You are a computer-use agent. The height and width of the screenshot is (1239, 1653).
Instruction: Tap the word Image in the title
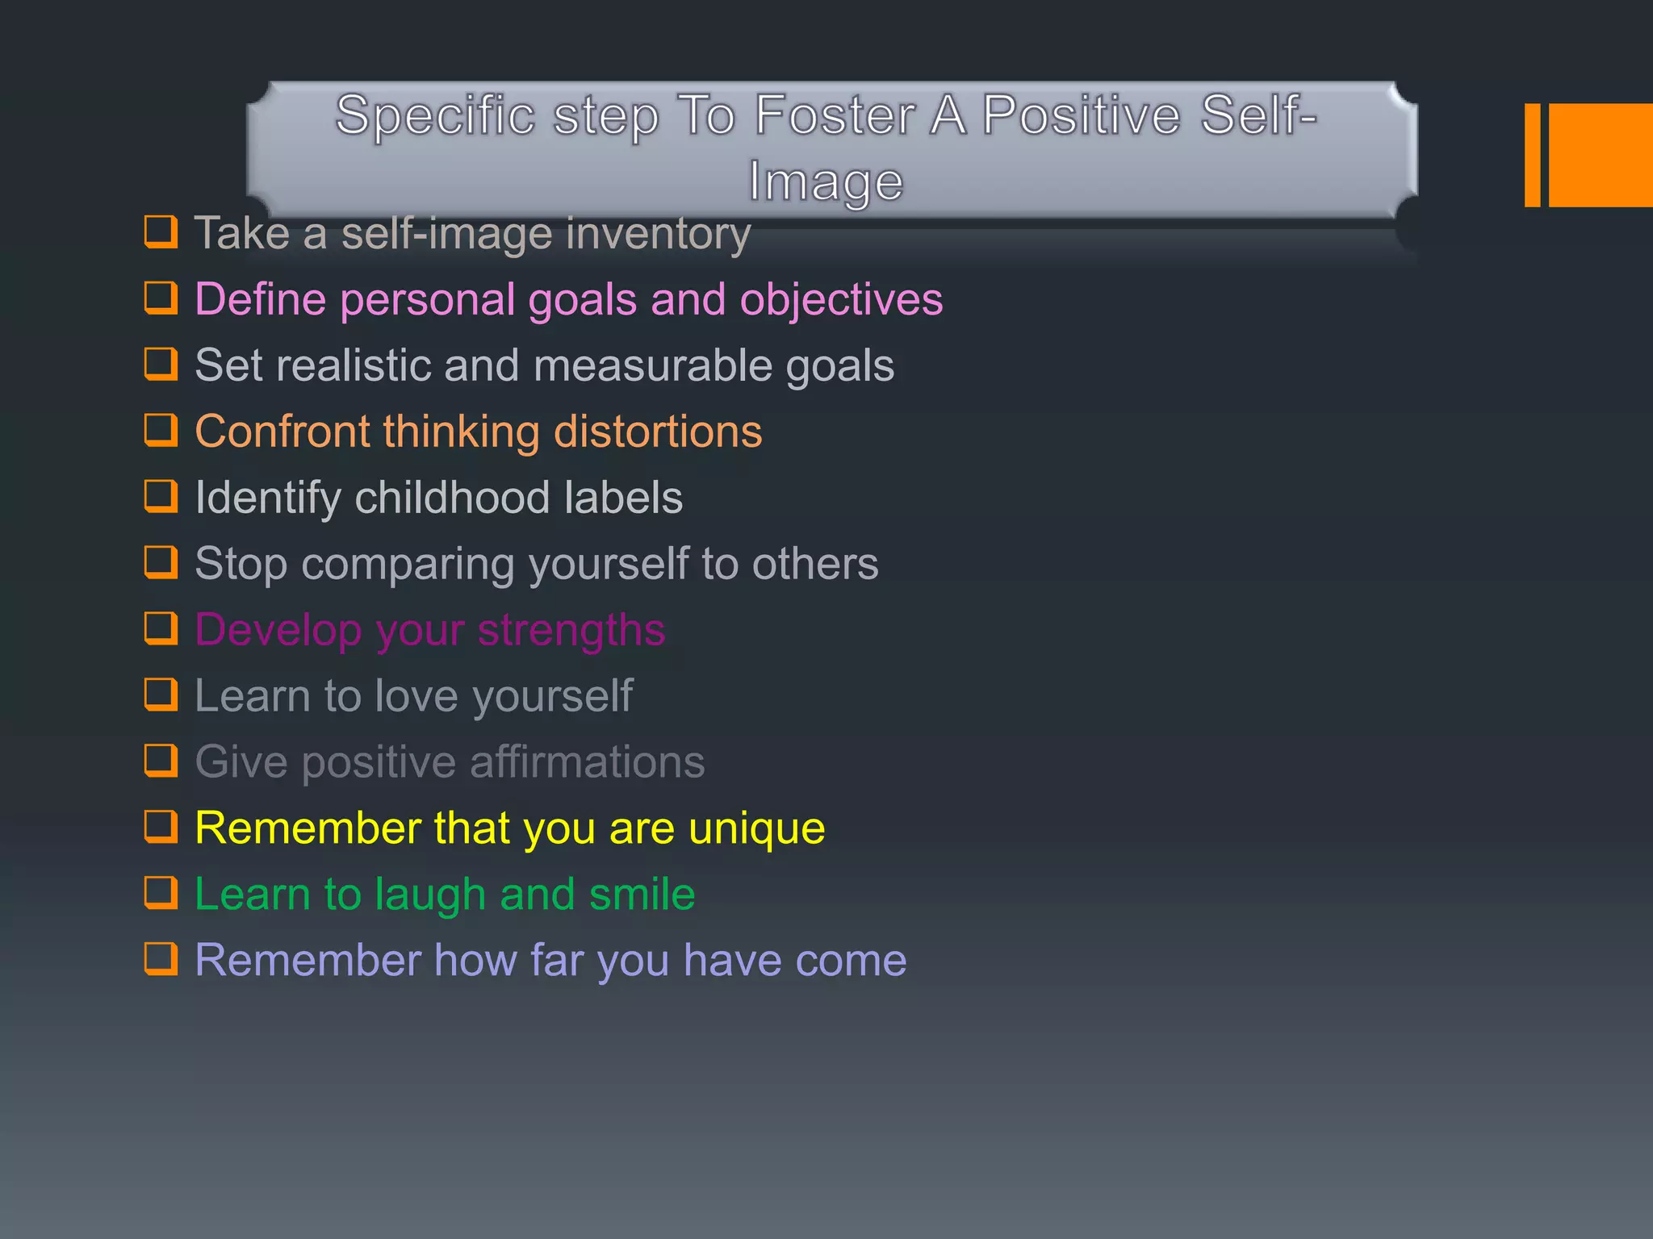click(826, 181)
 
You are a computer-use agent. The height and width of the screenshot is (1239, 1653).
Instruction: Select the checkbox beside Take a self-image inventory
click(161, 232)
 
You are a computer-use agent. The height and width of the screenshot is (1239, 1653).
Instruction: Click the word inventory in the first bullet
click(658, 234)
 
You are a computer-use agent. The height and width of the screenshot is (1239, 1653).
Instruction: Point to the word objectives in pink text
click(841, 300)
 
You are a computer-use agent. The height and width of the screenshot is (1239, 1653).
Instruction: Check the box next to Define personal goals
click(161, 298)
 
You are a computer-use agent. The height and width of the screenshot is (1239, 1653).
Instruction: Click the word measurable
click(652, 365)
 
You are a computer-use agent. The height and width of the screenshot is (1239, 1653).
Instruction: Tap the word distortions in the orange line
click(657, 432)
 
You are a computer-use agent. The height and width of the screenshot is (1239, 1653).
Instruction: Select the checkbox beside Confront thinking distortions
click(161, 430)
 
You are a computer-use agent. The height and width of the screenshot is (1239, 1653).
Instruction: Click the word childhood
click(452, 498)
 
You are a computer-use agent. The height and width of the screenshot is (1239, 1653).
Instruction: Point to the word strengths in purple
click(571, 631)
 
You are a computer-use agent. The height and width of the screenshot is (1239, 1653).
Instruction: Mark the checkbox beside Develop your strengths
click(161, 628)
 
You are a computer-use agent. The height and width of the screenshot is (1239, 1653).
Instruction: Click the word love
click(416, 696)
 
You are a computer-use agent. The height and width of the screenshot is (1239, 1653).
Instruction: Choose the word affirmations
click(587, 762)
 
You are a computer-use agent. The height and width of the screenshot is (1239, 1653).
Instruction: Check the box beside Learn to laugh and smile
click(161, 893)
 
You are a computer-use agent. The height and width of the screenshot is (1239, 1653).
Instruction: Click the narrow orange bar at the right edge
click(1532, 155)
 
